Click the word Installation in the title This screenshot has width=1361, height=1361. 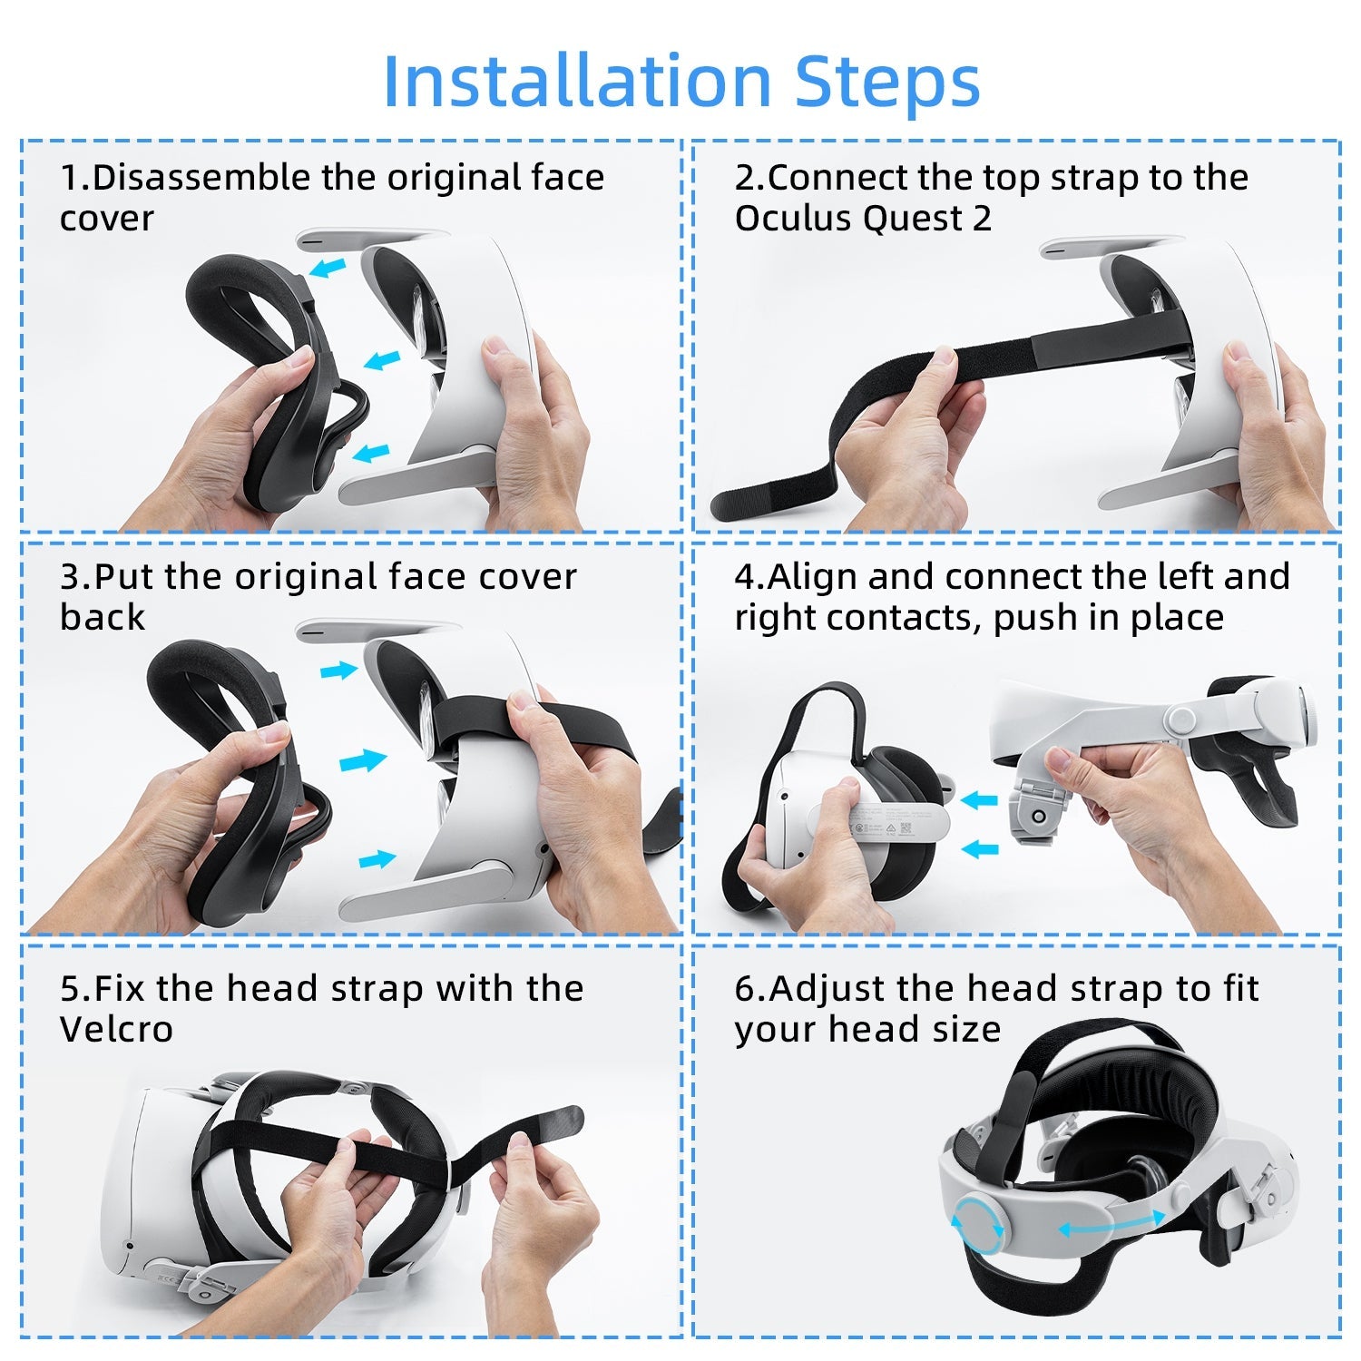coord(577,81)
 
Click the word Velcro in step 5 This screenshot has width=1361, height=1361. coord(116,1030)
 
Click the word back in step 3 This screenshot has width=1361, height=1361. coord(103,618)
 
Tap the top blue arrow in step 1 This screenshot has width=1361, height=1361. coord(328,268)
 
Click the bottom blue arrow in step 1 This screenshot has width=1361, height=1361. coord(370,453)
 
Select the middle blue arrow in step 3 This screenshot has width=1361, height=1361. coord(363,760)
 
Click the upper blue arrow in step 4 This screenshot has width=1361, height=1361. coord(979,800)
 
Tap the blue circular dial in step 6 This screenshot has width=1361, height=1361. coord(978,1225)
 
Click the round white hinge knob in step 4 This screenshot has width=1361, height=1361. coord(1181,720)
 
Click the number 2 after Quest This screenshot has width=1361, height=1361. coord(982,219)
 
